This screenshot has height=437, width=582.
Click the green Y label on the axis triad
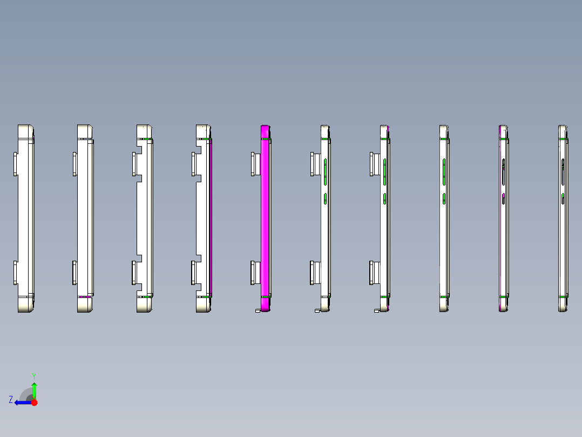(33, 375)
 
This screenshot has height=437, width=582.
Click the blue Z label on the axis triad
(11, 400)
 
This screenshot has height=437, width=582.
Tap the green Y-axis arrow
(34, 389)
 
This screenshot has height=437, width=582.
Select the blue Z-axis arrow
(22, 402)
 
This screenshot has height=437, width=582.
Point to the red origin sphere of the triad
(34, 402)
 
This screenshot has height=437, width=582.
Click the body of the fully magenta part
(265, 216)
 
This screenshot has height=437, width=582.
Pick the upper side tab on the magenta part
(255, 164)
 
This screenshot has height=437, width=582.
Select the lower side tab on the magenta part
(255, 273)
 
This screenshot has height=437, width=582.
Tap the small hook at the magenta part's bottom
(258, 311)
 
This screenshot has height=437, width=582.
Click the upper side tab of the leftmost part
(16, 164)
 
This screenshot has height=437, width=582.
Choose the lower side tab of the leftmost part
(16, 273)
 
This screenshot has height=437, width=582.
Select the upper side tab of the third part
(134, 164)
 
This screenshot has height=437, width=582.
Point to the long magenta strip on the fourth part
(211, 216)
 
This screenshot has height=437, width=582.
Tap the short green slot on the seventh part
(385, 198)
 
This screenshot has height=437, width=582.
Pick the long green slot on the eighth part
(444, 171)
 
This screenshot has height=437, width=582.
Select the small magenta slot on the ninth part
(503, 198)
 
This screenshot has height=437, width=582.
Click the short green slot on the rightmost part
(563, 198)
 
